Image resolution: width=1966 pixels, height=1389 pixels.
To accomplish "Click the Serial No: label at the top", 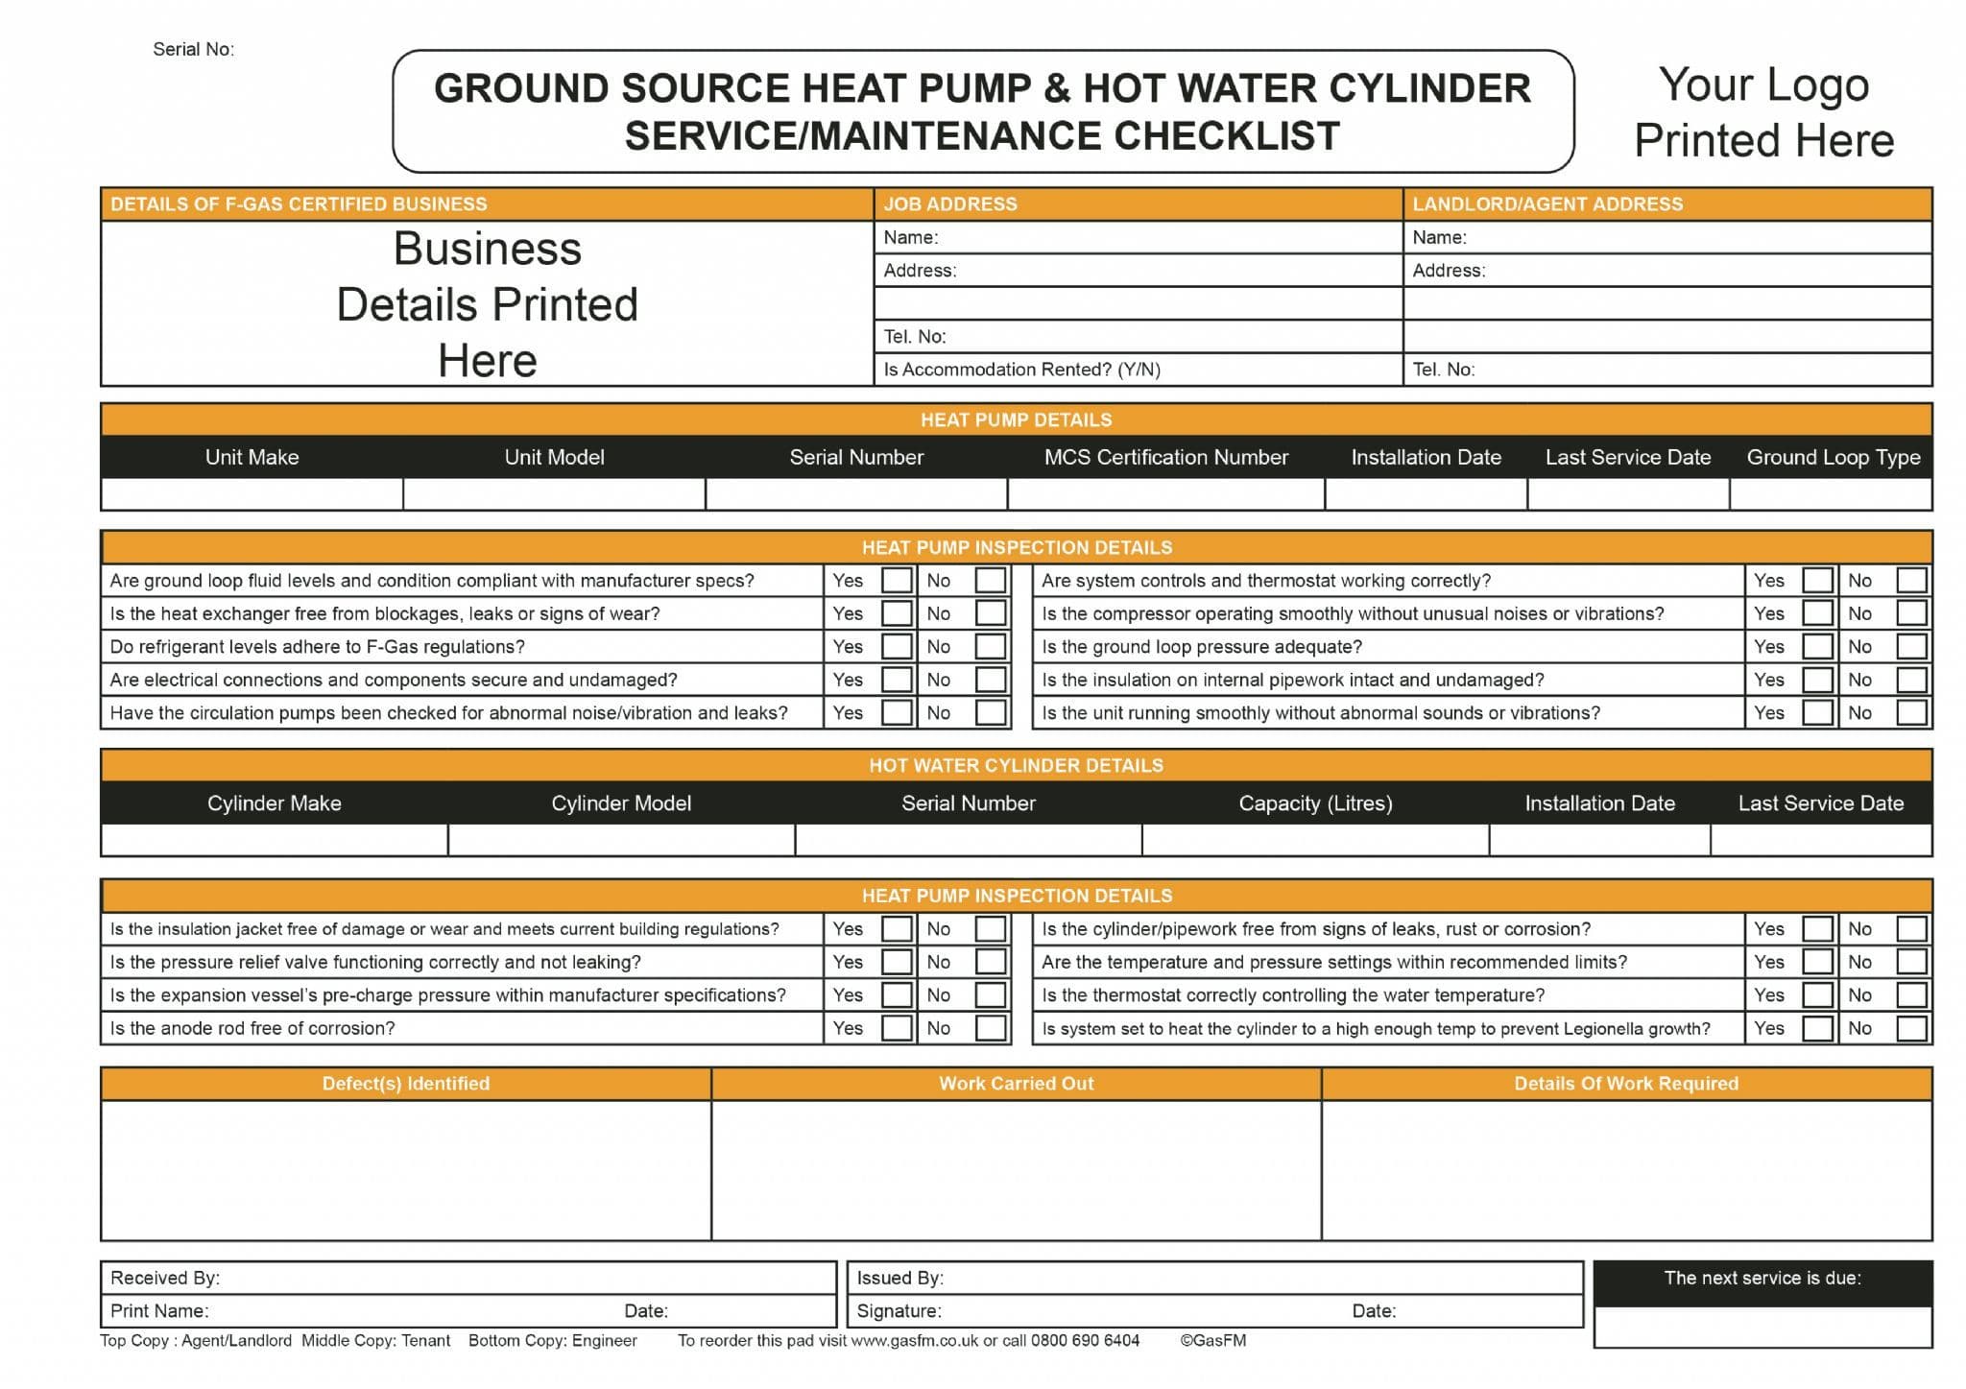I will (x=193, y=49).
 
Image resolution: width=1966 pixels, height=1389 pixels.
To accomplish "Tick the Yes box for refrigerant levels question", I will (x=897, y=646).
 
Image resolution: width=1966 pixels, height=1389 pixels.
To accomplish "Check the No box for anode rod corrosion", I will (x=990, y=1028).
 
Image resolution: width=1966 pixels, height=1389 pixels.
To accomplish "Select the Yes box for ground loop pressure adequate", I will (x=1817, y=646).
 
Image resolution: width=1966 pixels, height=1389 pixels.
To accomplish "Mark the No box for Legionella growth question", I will (x=1911, y=1028).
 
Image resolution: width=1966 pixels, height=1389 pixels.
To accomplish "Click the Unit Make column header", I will (x=252, y=457).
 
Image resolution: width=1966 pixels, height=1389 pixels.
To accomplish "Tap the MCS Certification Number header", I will (x=1165, y=457).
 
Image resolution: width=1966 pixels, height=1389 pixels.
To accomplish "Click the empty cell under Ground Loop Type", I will (x=1831, y=494).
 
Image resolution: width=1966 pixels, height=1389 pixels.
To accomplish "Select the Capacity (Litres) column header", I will (x=1315, y=803).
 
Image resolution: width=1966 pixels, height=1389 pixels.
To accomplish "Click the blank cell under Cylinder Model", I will (x=621, y=840).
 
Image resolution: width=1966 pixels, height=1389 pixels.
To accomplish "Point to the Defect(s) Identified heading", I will (x=405, y=1084).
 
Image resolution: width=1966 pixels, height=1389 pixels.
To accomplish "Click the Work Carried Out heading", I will (x=1016, y=1084).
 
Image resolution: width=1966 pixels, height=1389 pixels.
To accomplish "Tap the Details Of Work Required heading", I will (x=1626, y=1084).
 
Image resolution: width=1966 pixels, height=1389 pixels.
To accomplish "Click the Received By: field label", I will (x=165, y=1278).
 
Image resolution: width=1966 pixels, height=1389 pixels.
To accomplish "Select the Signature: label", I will (x=899, y=1311).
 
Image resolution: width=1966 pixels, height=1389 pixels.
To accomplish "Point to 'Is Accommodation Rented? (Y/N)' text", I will (x=1021, y=370).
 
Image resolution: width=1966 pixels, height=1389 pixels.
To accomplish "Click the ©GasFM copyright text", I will (x=1213, y=1341).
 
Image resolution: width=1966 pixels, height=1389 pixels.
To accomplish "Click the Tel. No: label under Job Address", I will (x=915, y=337).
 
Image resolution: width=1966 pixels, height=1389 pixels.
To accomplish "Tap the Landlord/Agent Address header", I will (x=1547, y=204).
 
